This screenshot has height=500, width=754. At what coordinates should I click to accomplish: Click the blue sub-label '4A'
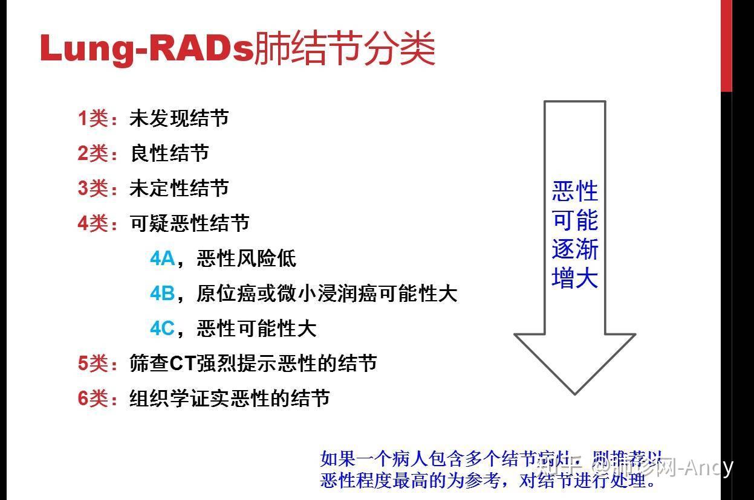click(162, 258)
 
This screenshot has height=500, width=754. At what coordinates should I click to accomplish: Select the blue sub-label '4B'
click(162, 293)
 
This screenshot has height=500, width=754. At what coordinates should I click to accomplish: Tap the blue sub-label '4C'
click(162, 329)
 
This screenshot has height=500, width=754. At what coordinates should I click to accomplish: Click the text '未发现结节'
click(179, 118)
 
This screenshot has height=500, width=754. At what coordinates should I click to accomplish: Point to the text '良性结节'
click(169, 153)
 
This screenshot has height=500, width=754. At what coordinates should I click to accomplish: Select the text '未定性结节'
click(179, 188)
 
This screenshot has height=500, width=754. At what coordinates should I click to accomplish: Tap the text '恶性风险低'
click(246, 258)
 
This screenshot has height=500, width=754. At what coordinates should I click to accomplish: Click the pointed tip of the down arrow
click(574, 391)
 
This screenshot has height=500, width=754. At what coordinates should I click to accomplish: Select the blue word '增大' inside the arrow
click(574, 278)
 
